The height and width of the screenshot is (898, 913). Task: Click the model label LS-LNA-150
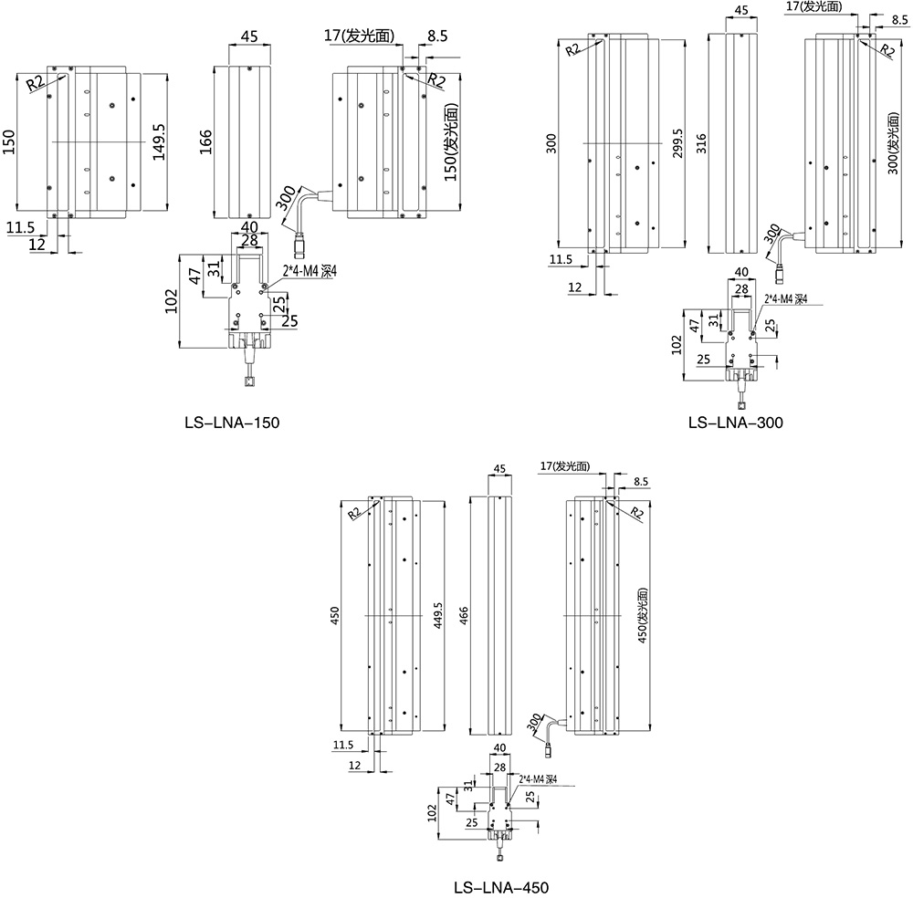(231, 423)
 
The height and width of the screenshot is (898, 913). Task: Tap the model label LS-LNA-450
(501, 886)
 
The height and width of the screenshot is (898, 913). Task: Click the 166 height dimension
(205, 143)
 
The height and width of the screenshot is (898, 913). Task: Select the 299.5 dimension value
(677, 143)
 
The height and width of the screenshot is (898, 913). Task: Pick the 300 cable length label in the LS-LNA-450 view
(533, 724)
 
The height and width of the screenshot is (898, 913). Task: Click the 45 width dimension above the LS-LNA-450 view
(499, 469)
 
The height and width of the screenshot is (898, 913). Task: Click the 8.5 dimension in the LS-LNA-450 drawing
(640, 481)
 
